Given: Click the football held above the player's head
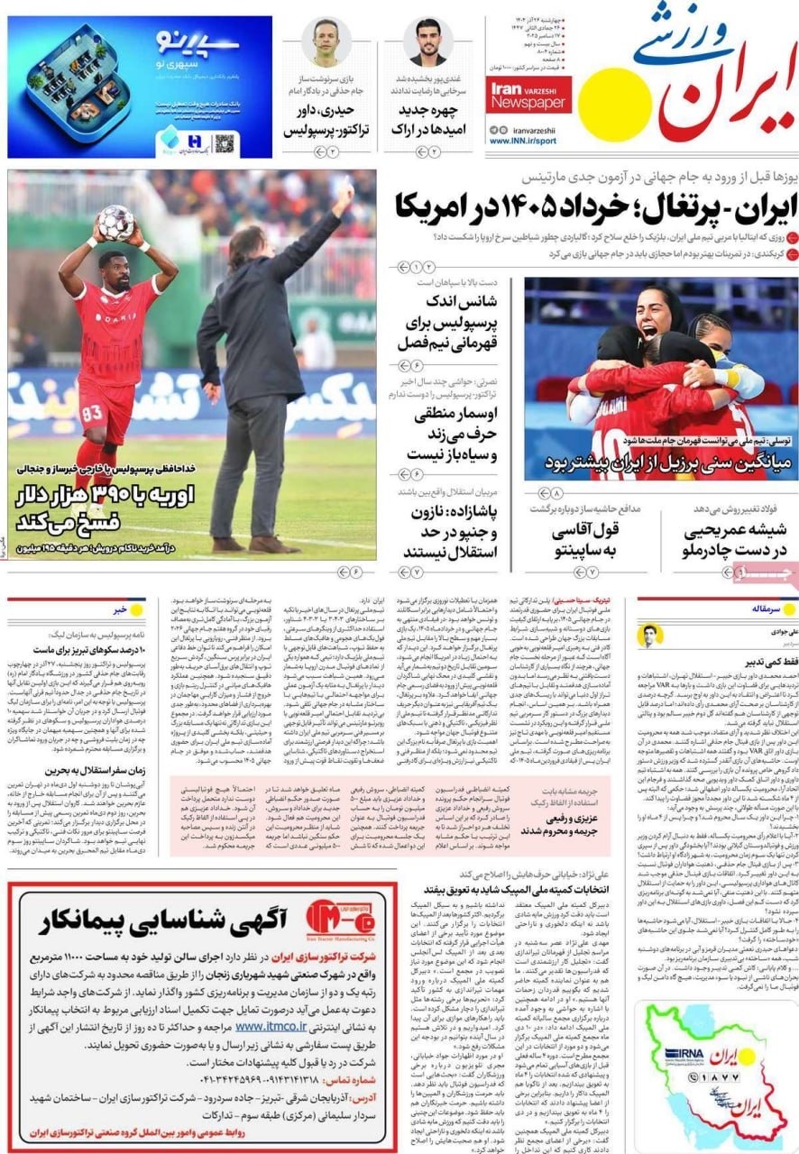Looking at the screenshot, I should [115, 222].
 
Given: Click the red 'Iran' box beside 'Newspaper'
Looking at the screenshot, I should [507, 91].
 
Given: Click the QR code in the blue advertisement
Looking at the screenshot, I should [225, 142].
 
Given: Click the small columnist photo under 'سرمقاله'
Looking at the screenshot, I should [650, 636].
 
